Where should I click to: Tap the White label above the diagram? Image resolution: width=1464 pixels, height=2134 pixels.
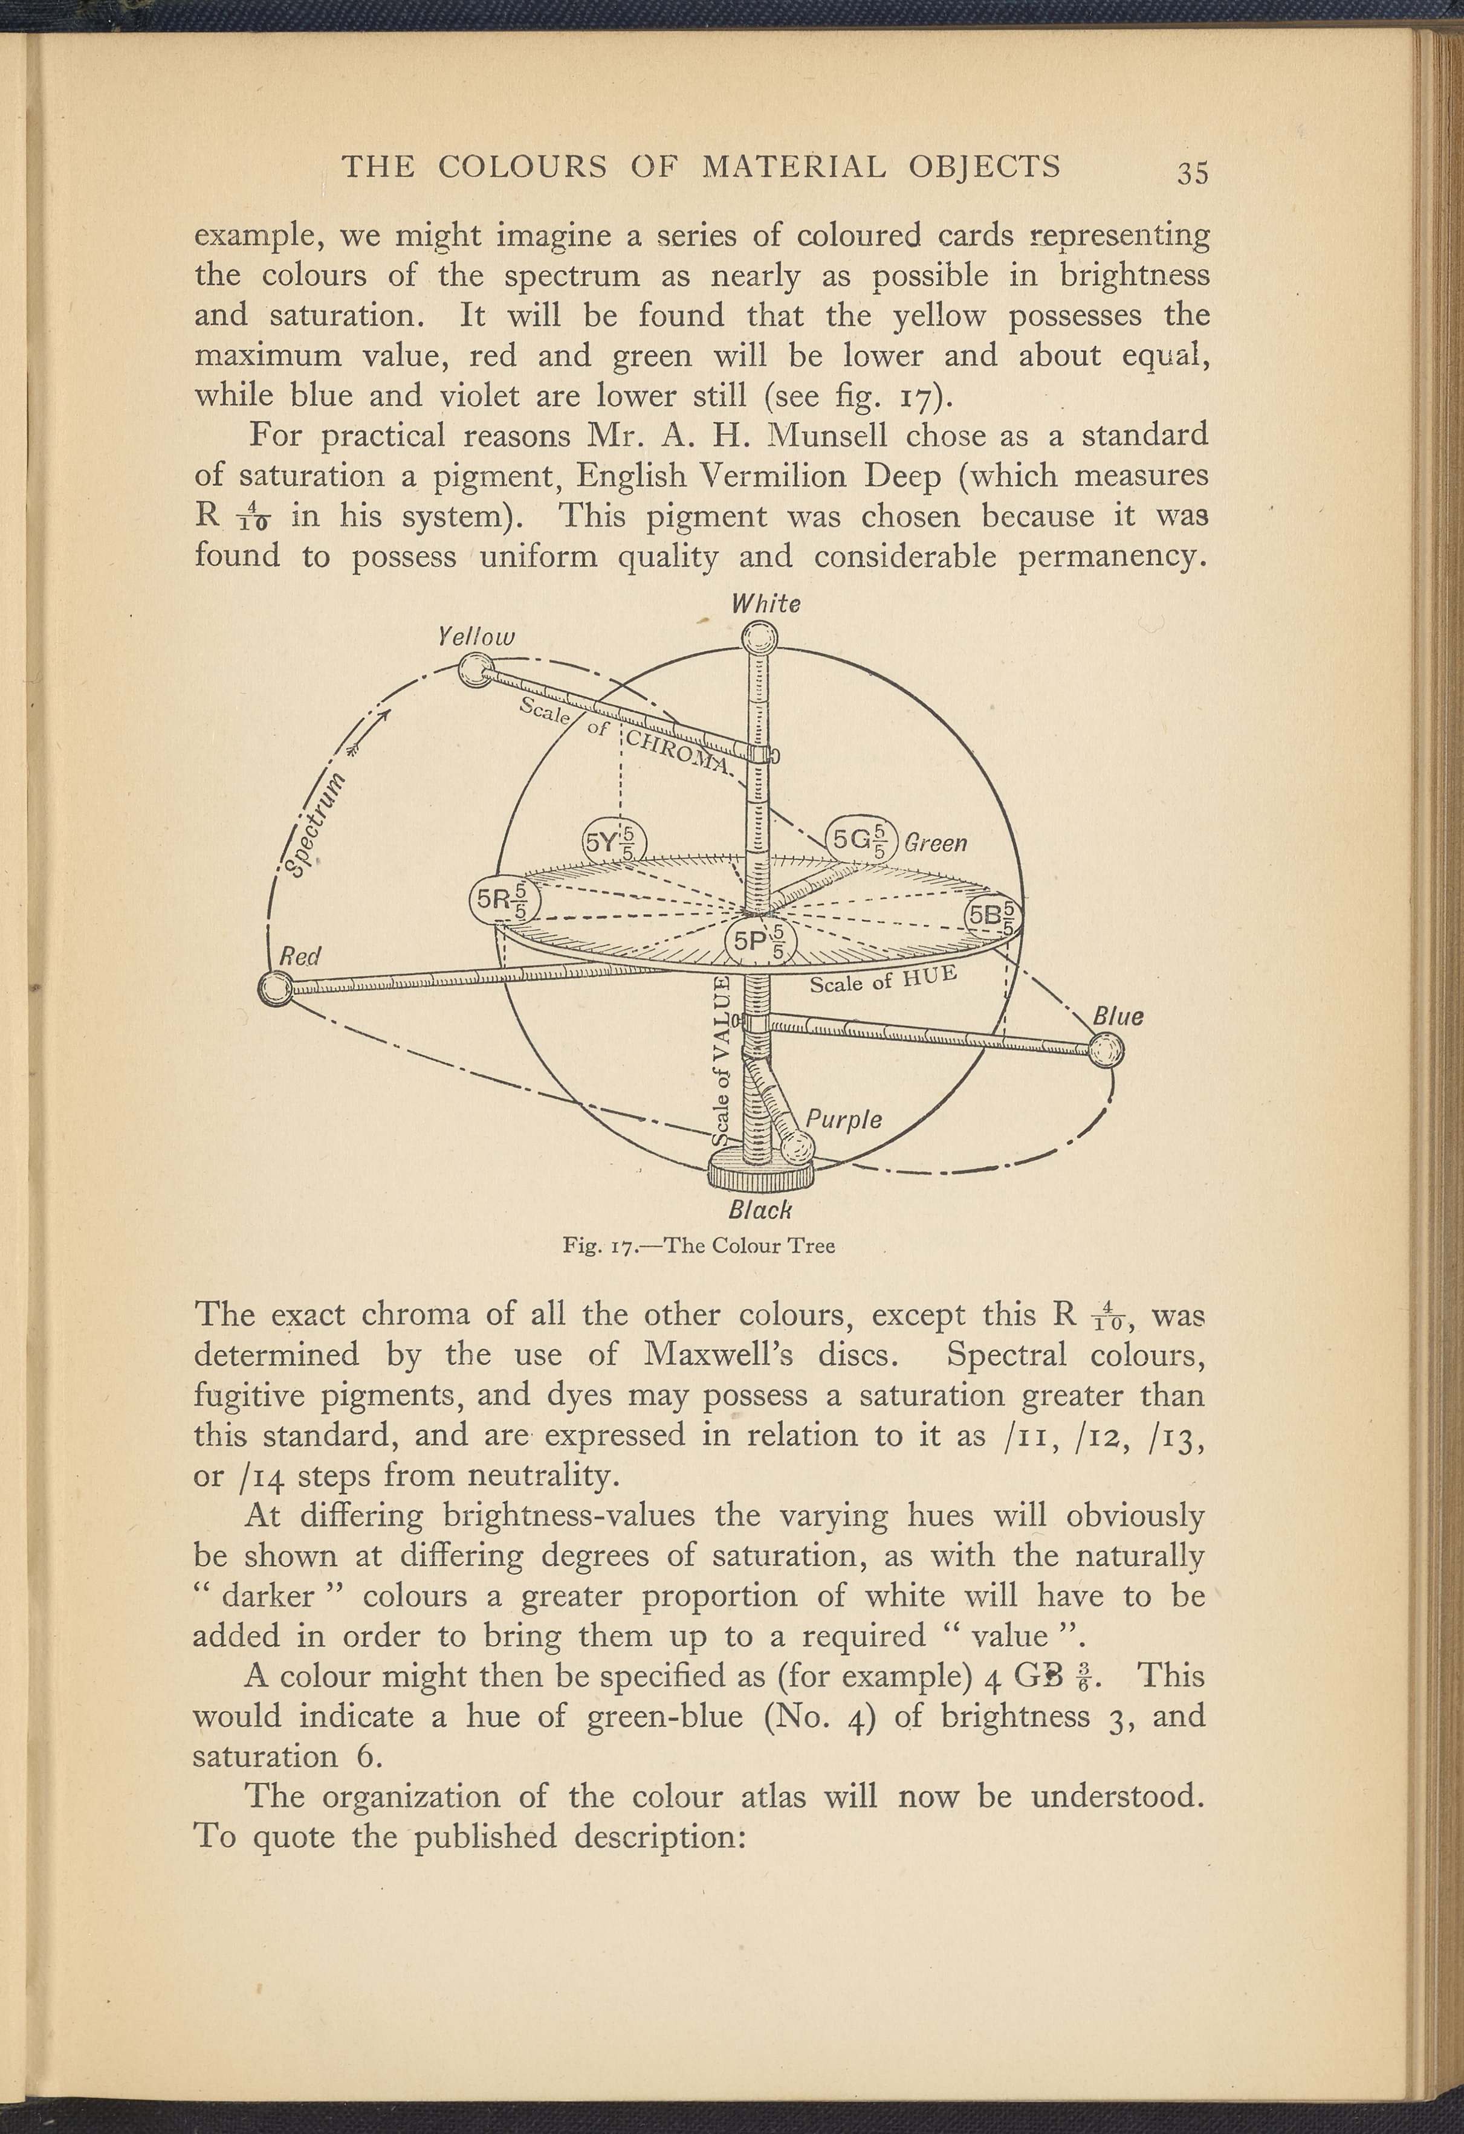click(765, 604)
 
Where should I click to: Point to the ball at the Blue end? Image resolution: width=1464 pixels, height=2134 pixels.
click(1107, 1049)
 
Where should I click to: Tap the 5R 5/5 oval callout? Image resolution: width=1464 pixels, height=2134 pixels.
click(504, 901)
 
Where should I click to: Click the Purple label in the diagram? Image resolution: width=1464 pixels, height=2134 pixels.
click(843, 1120)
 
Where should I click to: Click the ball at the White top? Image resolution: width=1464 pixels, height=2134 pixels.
click(760, 636)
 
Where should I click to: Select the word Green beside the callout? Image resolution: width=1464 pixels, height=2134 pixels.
click(935, 842)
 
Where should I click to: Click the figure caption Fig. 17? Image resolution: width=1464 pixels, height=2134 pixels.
click(698, 1246)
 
